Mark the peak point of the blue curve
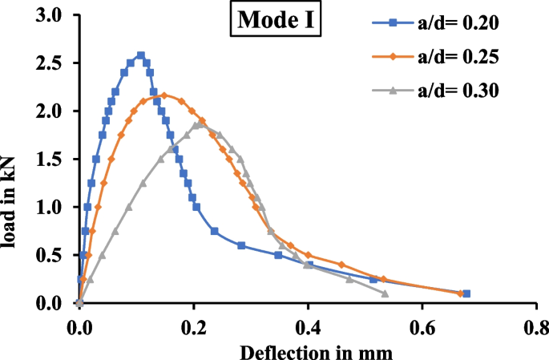pyautogui.click(x=141, y=55)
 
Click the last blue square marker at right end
pyautogui.click(x=466, y=293)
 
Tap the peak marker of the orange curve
pyautogui.click(x=163, y=95)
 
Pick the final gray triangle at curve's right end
pyautogui.click(x=386, y=293)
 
